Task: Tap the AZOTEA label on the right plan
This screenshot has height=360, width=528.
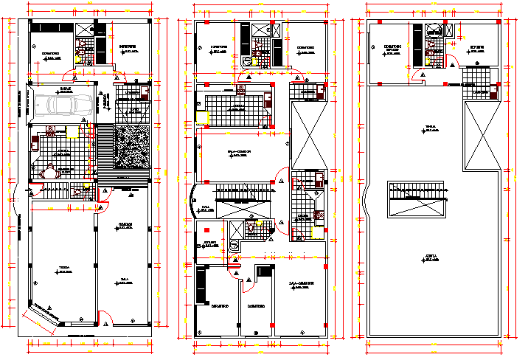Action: click(430, 257)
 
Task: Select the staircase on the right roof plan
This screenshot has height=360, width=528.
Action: click(417, 198)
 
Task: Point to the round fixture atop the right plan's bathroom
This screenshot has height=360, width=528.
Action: click(435, 30)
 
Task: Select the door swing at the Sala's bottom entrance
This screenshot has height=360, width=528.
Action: click(107, 319)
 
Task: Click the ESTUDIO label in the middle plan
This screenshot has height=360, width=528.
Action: click(209, 242)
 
